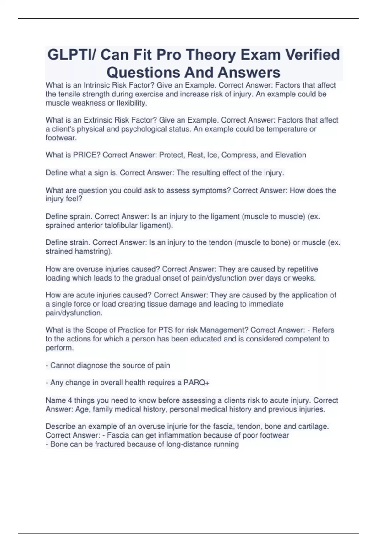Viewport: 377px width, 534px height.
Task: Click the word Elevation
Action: coord(291,155)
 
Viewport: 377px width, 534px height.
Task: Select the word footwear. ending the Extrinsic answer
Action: coord(61,138)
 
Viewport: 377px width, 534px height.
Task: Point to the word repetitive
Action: coord(303,269)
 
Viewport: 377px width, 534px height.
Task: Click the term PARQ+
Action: coord(196,383)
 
